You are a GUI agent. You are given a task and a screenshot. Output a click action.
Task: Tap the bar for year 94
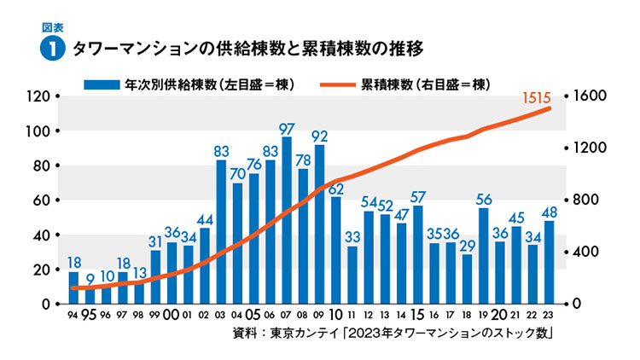[74, 287]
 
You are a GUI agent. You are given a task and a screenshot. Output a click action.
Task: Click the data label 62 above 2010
[336, 189]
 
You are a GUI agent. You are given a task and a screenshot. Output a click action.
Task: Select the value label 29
[467, 246]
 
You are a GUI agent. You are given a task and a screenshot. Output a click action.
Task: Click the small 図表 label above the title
[53, 26]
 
